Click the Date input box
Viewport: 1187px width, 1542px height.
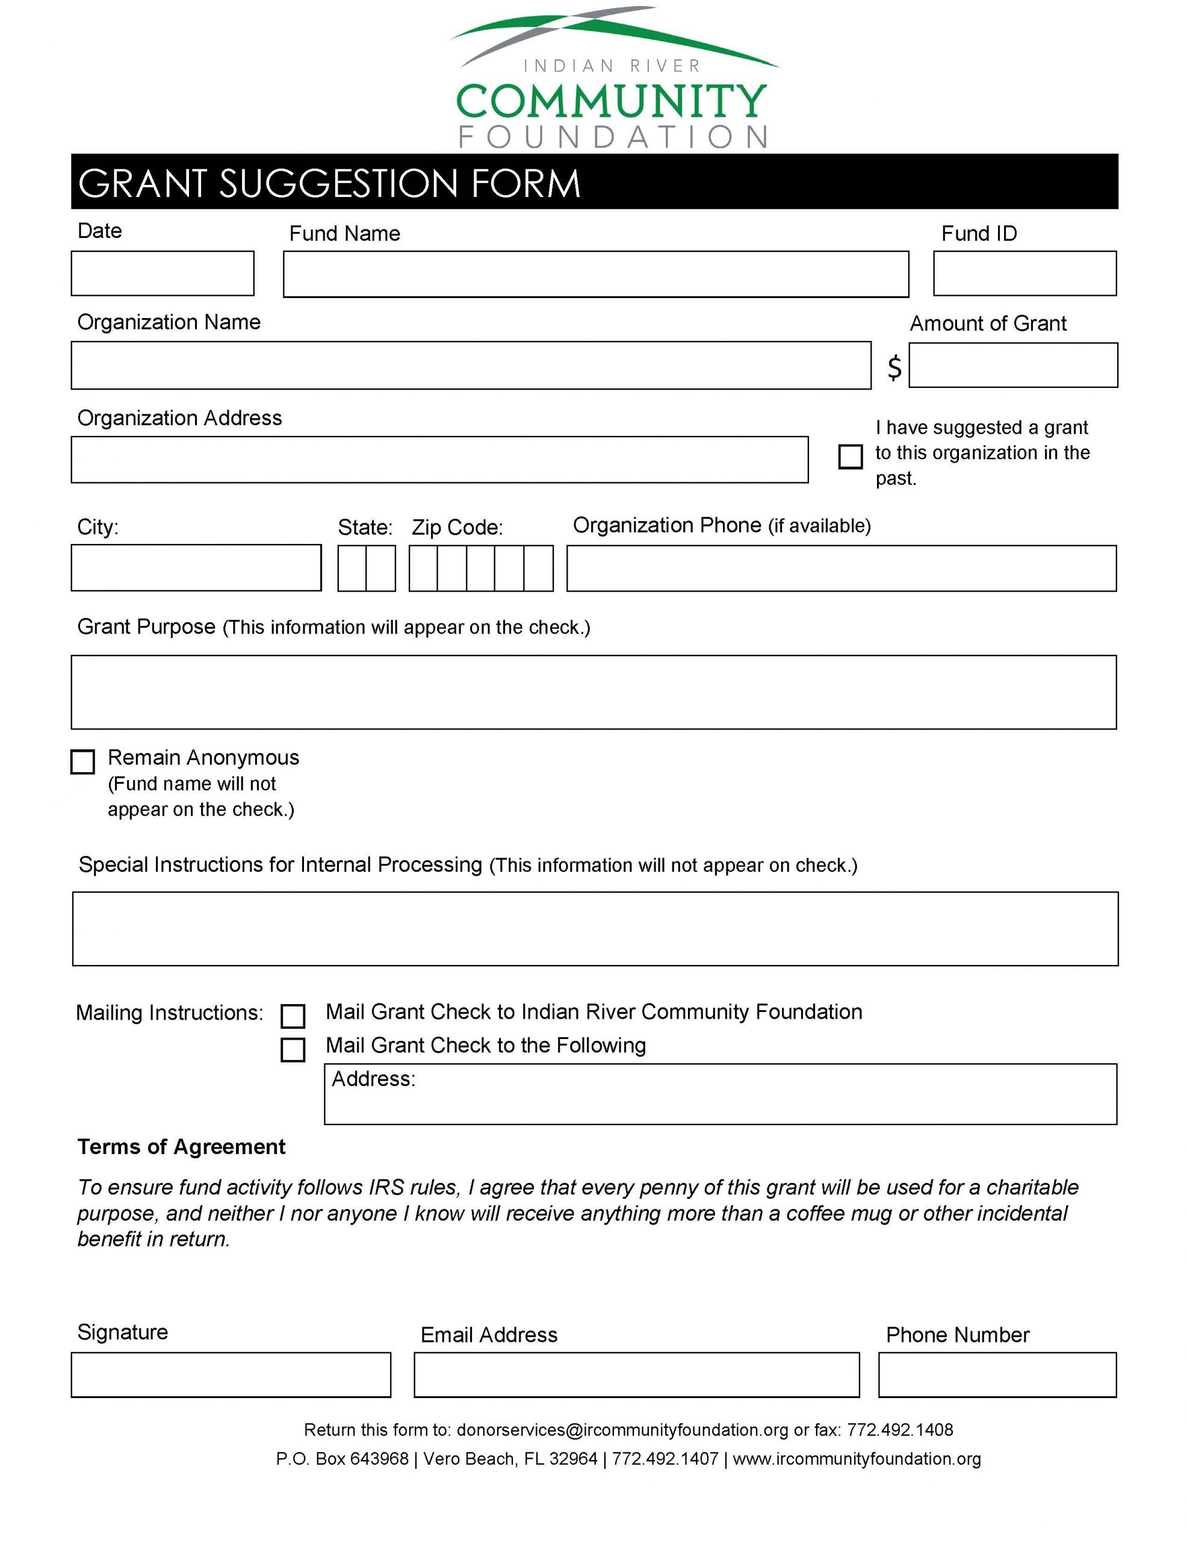(163, 273)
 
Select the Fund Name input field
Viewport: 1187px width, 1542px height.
(596, 274)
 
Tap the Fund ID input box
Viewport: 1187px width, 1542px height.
(1024, 273)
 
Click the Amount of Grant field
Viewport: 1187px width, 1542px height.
(1012, 365)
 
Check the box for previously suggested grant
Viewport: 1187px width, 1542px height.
(850, 457)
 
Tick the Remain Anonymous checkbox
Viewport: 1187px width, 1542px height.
(82, 762)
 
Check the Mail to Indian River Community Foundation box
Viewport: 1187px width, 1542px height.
(293, 1016)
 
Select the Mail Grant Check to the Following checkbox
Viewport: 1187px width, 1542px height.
(293, 1049)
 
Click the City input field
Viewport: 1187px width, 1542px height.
(196, 567)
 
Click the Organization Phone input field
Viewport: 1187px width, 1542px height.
(841, 569)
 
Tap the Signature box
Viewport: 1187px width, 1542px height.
(231, 1375)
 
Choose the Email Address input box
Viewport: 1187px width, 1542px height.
(637, 1375)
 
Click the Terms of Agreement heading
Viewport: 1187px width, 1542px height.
(181, 1147)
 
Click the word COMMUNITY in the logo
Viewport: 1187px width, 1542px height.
(611, 101)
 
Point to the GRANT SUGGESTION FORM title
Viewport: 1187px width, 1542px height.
(329, 183)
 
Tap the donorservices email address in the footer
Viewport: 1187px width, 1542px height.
(622, 1430)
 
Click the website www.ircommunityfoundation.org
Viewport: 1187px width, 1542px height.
(857, 1459)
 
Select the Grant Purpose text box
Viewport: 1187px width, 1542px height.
(593, 692)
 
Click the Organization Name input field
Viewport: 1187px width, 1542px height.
(471, 365)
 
